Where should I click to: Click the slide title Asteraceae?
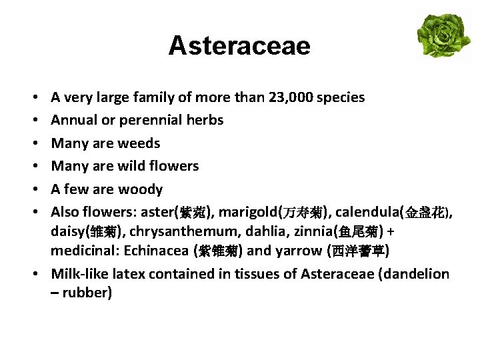pyautogui.click(x=239, y=46)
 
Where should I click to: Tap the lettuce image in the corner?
pyautogui.click(x=443, y=35)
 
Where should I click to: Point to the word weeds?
pyautogui.click(x=139, y=143)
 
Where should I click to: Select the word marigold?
pyautogui.click(x=247, y=213)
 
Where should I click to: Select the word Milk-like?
pyautogui.click(x=77, y=274)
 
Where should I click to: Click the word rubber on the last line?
pyautogui.click(x=87, y=293)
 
